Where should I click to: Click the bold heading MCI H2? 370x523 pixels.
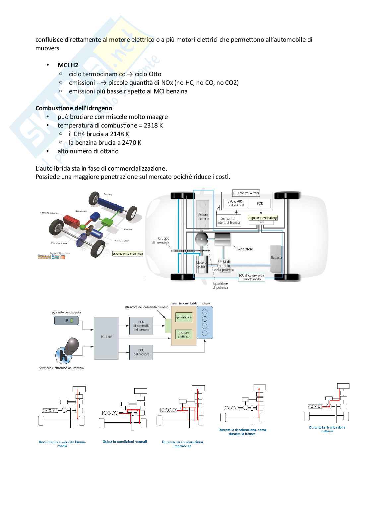tap(68, 65)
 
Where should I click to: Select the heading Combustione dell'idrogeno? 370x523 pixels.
tap(74, 108)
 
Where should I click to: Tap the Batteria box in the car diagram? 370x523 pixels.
tap(276, 258)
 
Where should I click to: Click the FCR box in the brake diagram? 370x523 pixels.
tap(260, 203)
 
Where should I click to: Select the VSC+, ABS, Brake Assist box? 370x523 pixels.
tap(235, 203)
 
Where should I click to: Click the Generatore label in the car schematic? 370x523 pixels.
tap(245, 249)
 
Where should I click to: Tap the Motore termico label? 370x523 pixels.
tap(203, 217)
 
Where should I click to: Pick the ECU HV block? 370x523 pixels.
tap(106, 337)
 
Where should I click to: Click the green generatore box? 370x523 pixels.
tap(184, 317)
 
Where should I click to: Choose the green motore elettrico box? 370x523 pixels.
tap(184, 334)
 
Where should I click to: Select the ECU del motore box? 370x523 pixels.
tap(141, 352)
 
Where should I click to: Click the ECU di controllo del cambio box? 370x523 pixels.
tap(141, 326)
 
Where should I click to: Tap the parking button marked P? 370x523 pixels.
tap(66, 320)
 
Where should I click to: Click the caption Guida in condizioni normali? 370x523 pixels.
tap(125, 442)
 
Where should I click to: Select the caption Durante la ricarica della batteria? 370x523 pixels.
tap(327, 429)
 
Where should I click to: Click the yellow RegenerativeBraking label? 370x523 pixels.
tap(262, 218)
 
